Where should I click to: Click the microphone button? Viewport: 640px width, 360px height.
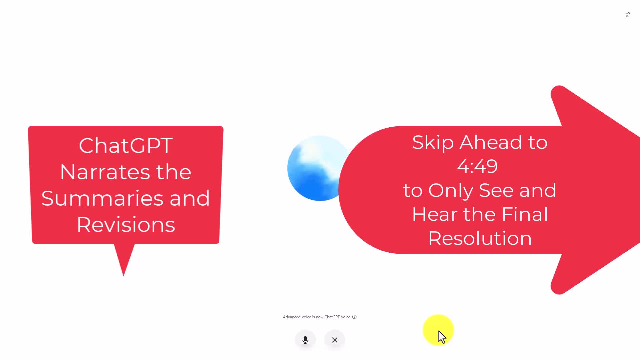click(x=305, y=340)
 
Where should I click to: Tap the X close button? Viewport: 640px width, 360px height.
click(x=335, y=340)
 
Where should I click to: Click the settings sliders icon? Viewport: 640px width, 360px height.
click(x=628, y=15)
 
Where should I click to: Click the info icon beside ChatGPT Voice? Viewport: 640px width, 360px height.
click(x=354, y=317)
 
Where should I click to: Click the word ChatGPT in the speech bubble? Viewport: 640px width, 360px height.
click(x=126, y=145)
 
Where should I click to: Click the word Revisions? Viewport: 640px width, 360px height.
click(x=126, y=224)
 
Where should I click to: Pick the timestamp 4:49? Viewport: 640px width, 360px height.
click(x=477, y=166)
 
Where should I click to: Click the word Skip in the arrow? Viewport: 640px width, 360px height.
click(x=433, y=143)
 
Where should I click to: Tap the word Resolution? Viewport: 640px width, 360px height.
click(x=480, y=238)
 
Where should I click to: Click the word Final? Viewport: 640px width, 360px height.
click(x=525, y=214)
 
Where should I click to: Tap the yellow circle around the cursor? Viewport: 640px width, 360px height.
click(x=438, y=330)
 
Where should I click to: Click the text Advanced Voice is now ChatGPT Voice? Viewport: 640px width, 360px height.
click(x=316, y=317)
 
